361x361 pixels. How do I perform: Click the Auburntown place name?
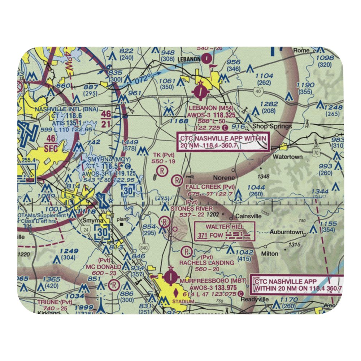(x=287, y=232)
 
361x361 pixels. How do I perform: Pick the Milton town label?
(x=270, y=253)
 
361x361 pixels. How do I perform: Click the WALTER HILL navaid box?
(x=225, y=231)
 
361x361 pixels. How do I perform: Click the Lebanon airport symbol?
(x=200, y=92)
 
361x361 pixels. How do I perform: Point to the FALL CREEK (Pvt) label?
(x=210, y=187)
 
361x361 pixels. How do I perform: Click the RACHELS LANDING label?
(x=206, y=262)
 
